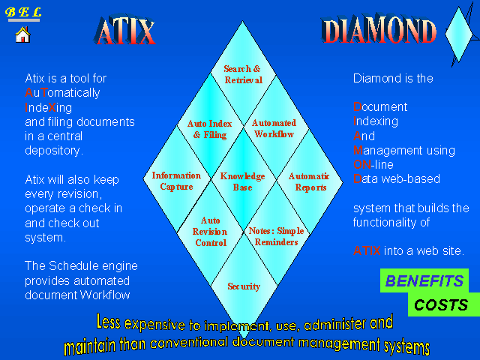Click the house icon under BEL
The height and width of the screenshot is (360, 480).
click(x=23, y=34)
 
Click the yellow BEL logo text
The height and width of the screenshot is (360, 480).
click(x=23, y=12)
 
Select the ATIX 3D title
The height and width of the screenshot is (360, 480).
click(x=125, y=30)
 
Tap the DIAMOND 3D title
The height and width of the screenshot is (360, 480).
click(x=379, y=29)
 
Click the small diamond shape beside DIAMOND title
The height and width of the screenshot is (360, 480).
click(x=459, y=34)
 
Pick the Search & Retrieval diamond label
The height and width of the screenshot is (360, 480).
click(x=243, y=74)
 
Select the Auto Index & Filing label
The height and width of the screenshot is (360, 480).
click(x=210, y=129)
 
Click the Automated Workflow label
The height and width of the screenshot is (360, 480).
click(x=274, y=128)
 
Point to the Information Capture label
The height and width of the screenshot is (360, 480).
click(x=177, y=181)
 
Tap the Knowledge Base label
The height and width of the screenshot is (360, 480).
click(x=243, y=181)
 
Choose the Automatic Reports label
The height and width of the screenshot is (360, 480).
click(x=309, y=181)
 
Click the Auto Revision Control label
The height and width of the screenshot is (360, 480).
click(x=210, y=232)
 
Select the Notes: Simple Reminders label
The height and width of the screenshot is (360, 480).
click(x=276, y=236)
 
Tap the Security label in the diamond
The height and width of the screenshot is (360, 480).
click(x=244, y=286)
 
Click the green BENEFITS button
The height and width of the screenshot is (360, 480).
click(x=424, y=280)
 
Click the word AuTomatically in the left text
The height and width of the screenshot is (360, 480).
click(x=62, y=93)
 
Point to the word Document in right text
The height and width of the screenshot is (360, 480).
click(x=380, y=106)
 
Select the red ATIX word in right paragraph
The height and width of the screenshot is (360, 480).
click(x=367, y=251)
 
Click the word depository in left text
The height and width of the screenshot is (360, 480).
click(x=54, y=151)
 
